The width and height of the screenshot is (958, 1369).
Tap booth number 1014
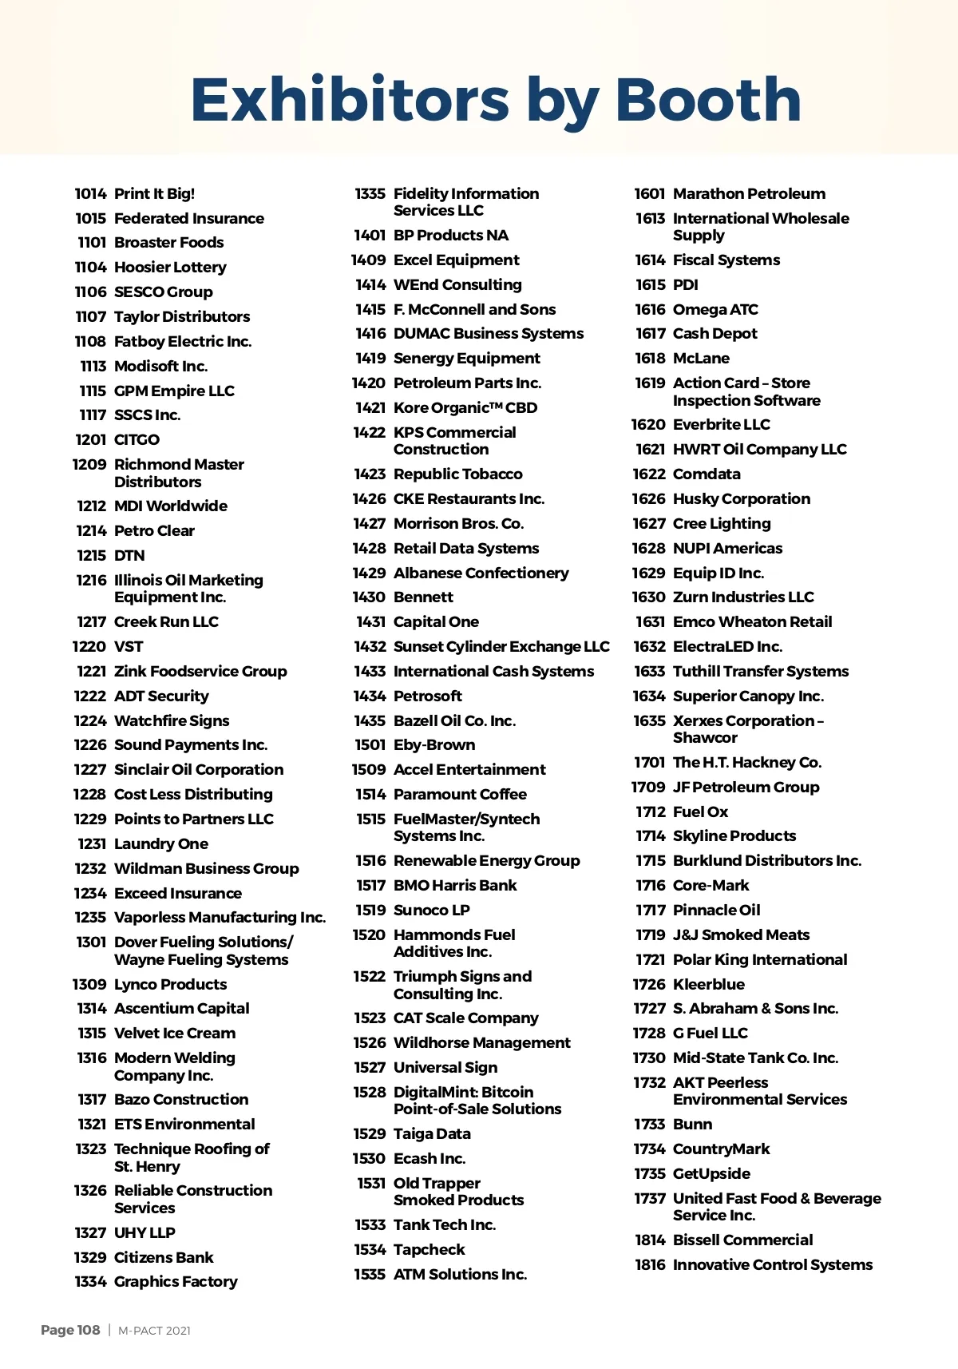[90, 194]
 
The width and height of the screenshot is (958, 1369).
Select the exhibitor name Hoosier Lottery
[170, 268]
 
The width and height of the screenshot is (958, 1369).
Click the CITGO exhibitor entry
[137, 440]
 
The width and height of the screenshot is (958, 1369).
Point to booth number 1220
[89, 647]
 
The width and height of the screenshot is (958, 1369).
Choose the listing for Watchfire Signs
[172, 721]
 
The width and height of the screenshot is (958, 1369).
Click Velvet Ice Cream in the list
[175, 1034]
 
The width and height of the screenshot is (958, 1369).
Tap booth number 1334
[90, 1282]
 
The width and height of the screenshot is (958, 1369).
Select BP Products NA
[451, 236]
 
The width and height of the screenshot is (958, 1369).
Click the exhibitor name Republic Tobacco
[458, 474]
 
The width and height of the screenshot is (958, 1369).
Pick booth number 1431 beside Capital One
[370, 622]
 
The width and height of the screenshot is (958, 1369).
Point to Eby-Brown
[434, 745]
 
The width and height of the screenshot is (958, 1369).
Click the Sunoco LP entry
[432, 911]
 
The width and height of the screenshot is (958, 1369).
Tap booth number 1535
[370, 1275]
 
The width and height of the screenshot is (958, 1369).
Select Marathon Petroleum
[749, 194]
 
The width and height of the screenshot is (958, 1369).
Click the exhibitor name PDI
[685, 285]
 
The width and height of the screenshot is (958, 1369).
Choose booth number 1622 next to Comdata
[648, 474]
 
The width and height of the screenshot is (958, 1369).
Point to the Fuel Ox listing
[700, 812]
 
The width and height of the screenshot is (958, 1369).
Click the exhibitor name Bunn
[692, 1125]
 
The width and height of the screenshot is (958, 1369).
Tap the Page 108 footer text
[70, 1330]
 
